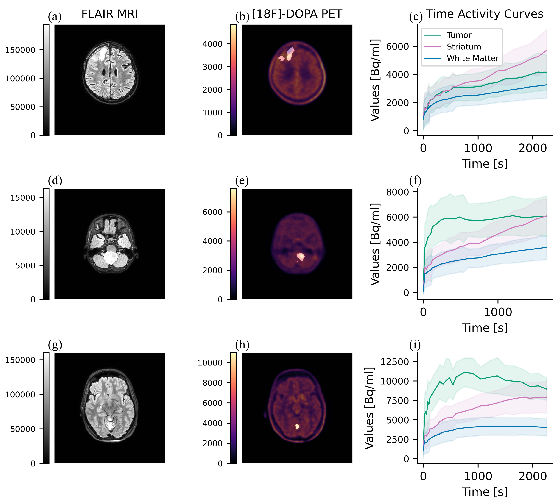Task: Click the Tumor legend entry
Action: (x=458, y=35)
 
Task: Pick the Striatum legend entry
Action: (x=464, y=47)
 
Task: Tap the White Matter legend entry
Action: (x=472, y=58)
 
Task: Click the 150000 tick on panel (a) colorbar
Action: (x=21, y=50)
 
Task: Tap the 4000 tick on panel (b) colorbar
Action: (x=212, y=44)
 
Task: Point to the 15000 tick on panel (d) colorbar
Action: (x=23, y=198)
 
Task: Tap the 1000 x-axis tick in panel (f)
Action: (x=498, y=312)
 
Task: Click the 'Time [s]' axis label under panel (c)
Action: (x=485, y=164)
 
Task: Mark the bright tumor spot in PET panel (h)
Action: (x=297, y=427)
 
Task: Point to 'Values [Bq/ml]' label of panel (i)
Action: (x=369, y=408)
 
